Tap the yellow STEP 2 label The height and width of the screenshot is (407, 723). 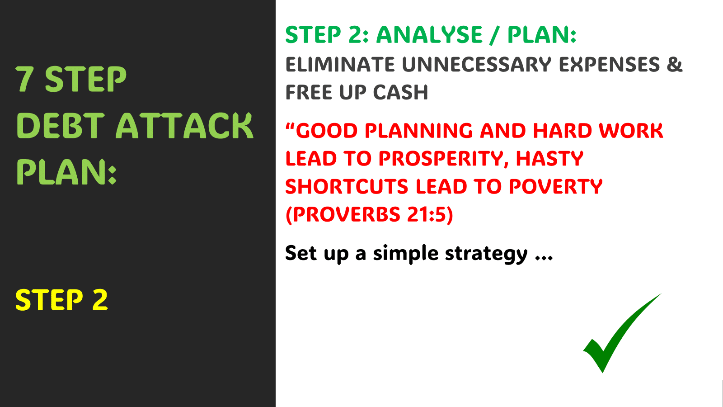pyautogui.click(x=61, y=300)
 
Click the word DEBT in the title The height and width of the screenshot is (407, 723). pyautogui.click(x=61, y=126)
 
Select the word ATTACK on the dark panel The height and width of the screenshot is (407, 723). pyautogui.click(x=184, y=126)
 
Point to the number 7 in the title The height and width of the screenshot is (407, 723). pyautogui.click(x=24, y=79)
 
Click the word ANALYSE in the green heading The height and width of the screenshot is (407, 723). pyautogui.click(x=429, y=34)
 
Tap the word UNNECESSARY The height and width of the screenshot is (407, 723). pyautogui.click(x=477, y=64)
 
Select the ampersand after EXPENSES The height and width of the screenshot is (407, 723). pyautogui.click(x=675, y=64)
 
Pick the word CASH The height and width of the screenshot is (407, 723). pyautogui.click(x=400, y=92)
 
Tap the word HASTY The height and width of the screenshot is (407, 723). pyautogui.click(x=549, y=159)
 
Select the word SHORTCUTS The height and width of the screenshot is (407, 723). pyautogui.click(x=347, y=187)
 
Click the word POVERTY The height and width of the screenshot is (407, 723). pyautogui.click(x=556, y=187)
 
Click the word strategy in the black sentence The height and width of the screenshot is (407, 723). pyautogui.click(x=486, y=254)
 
